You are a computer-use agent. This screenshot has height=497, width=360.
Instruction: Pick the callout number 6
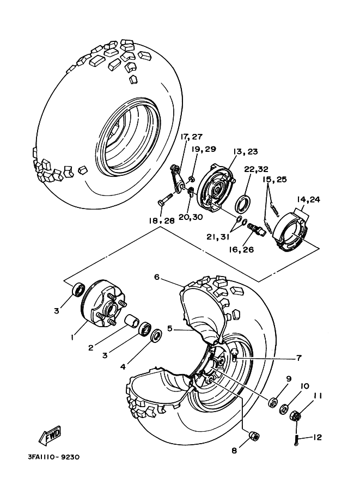[156, 277]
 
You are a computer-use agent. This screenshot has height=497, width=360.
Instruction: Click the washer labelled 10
[284, 409]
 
